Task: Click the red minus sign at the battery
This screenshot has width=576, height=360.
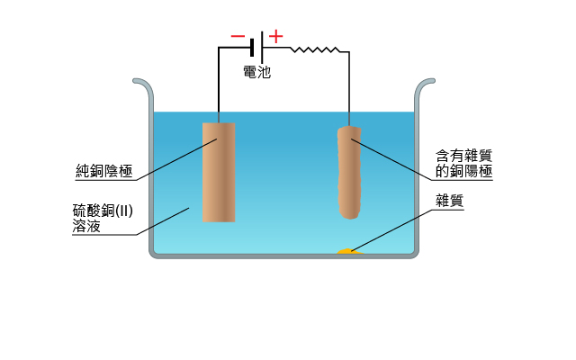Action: click(x=238, y=36)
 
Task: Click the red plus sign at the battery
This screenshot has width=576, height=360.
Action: click(x=276, y=36)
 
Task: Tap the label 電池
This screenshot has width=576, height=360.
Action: click(x=257, y=72)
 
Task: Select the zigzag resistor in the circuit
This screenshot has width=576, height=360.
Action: click(x=315, y=49)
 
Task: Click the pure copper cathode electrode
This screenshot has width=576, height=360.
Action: click(x=219, y=172)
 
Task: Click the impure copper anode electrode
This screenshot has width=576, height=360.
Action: click(x=349, y=172)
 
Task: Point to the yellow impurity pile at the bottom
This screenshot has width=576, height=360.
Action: click(x=350, y=251)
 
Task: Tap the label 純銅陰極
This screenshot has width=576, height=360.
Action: click(x=104, y=171)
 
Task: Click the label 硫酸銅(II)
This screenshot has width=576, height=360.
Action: click(x=103, y=211)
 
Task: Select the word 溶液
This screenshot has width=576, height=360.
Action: click(x=86, y=226)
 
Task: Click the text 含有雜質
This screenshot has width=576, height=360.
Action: click(x=464, y=156)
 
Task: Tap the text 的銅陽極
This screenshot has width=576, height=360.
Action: click(x=464, y=171)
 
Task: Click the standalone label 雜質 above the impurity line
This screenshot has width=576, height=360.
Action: click(x=450, y=201)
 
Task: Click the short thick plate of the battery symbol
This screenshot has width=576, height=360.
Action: click(x=252, y=48)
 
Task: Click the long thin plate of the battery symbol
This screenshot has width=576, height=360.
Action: click(x=262, y=48)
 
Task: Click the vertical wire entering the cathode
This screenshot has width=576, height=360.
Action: click(x=219, y=85)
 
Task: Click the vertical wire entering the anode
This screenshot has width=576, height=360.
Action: click(x=349, y=89)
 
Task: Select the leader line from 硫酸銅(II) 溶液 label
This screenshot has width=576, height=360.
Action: click(x=163, y=221)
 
